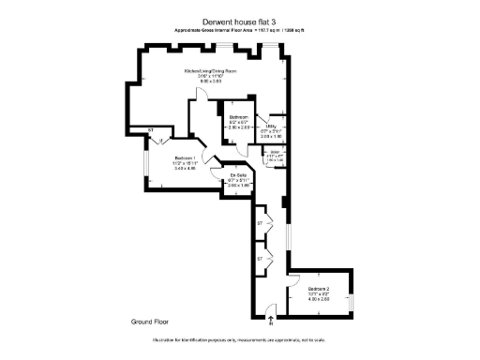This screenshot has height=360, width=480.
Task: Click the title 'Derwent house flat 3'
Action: coord(239,22)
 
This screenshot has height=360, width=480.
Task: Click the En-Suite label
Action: coord(239,175)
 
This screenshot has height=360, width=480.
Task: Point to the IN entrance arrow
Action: coord(271,322)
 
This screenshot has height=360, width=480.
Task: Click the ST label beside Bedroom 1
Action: coord(150,130)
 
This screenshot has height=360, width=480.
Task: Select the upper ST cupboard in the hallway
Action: coord(260,224)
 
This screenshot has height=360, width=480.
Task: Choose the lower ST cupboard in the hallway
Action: coord(260,257)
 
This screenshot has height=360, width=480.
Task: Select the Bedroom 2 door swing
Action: coord(293,278)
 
